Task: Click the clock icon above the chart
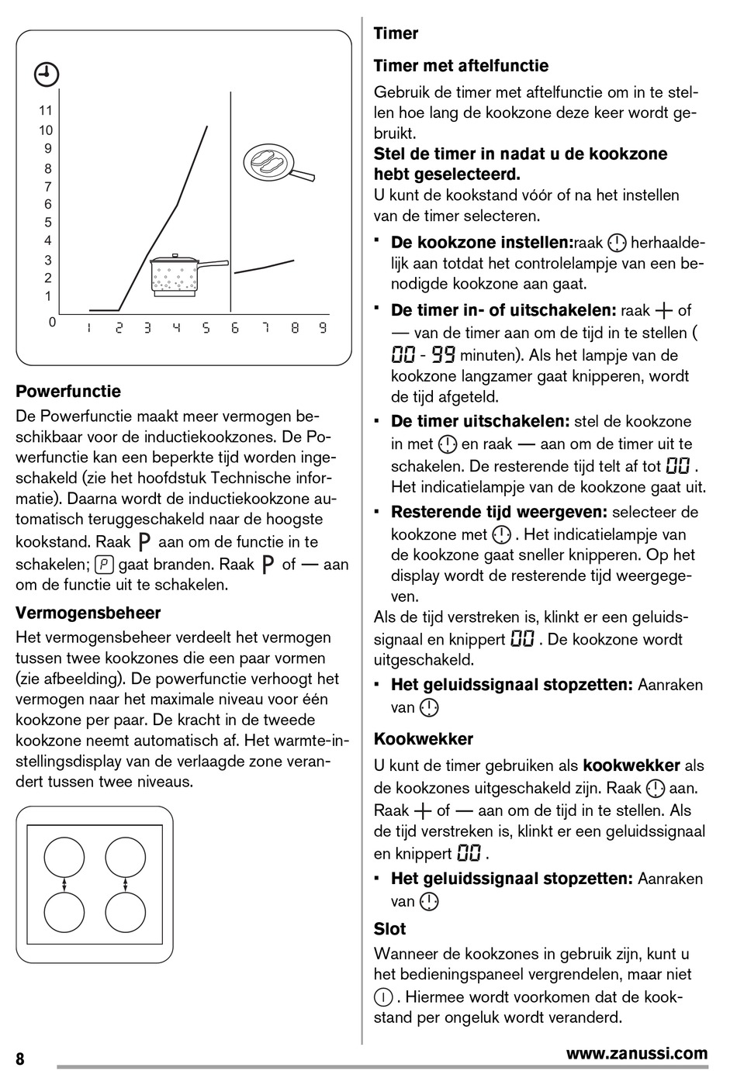47,75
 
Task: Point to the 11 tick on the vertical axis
46,111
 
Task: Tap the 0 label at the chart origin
52,322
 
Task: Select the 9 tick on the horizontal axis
322,328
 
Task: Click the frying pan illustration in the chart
275,164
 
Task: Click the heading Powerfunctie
68,392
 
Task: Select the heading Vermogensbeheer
88,613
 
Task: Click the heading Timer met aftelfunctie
461,66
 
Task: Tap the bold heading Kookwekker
423,739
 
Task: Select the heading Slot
389,929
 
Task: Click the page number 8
20,1059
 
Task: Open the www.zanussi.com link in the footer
636,1053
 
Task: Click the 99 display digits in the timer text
443,356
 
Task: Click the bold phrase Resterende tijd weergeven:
499,512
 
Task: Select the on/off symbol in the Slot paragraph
382,997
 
